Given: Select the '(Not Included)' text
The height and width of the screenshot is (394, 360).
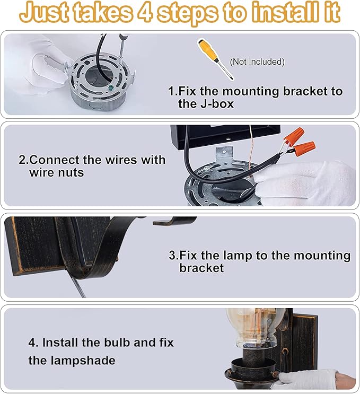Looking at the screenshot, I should tap(257, 62).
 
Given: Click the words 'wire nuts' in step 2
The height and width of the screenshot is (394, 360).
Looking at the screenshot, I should tap(57, 173).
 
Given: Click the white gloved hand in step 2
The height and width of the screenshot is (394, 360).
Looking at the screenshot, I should tap(308, 183).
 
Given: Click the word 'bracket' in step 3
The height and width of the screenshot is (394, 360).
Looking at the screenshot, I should tap(201, 268).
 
